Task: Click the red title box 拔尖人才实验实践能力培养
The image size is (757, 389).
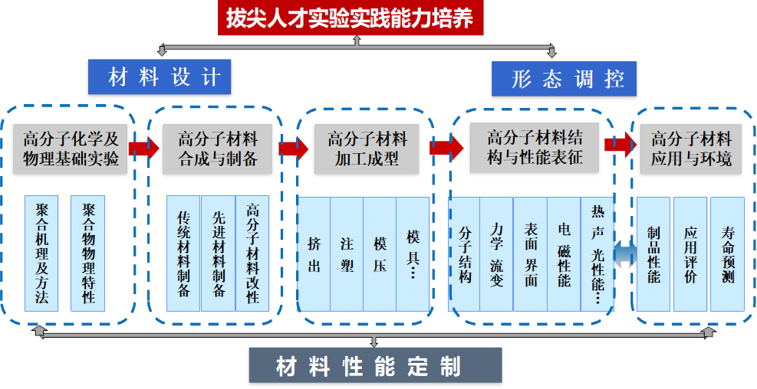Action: click(355, 18)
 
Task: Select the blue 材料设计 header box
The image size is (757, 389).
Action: click(160, 78)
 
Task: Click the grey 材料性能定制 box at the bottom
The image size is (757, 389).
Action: click(375, 367)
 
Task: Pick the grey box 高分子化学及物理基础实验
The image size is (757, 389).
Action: click(70, 149)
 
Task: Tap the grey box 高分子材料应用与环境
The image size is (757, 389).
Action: click(691, 149)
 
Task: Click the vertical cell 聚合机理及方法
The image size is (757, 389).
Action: click(41, 253)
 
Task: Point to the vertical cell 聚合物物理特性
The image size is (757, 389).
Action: click(88, 253)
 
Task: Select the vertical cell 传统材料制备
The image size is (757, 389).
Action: click(183, 253)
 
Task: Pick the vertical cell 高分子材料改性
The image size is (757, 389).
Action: click(252, 253)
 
